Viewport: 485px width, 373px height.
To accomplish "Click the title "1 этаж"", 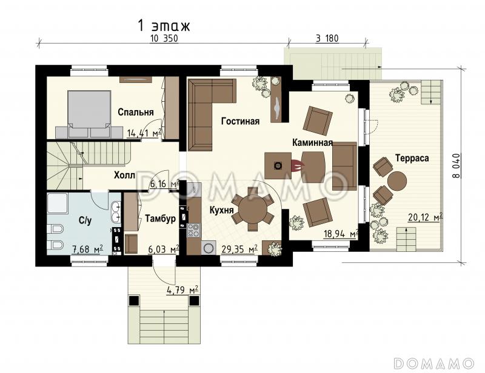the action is [164, 26].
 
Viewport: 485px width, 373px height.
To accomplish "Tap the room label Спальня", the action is [136, 112].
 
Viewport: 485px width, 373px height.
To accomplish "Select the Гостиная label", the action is [240, 121].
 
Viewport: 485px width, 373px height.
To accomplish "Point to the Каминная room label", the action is [312, 142].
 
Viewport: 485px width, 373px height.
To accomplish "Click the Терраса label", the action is [412, 158].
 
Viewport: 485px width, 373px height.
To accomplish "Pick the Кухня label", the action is [221, 211].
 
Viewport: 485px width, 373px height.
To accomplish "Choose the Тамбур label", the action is [161, 219].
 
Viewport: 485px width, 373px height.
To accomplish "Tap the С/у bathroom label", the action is [85, 220].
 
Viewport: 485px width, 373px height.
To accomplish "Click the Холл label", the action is [124, 175].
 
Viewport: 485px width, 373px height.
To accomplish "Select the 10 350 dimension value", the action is [164, 39].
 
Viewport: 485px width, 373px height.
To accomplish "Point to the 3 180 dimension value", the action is [327, 39].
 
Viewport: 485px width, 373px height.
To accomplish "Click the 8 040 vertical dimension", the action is [456, 166].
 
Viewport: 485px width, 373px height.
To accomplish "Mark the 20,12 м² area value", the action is [425, 217].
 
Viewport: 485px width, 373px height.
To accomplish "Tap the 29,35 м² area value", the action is [239, 249].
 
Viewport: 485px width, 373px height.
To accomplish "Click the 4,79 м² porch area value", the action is [182, 290].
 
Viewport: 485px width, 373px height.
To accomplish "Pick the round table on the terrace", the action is [397, 182].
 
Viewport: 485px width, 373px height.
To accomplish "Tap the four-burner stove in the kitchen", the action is [194, 230].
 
